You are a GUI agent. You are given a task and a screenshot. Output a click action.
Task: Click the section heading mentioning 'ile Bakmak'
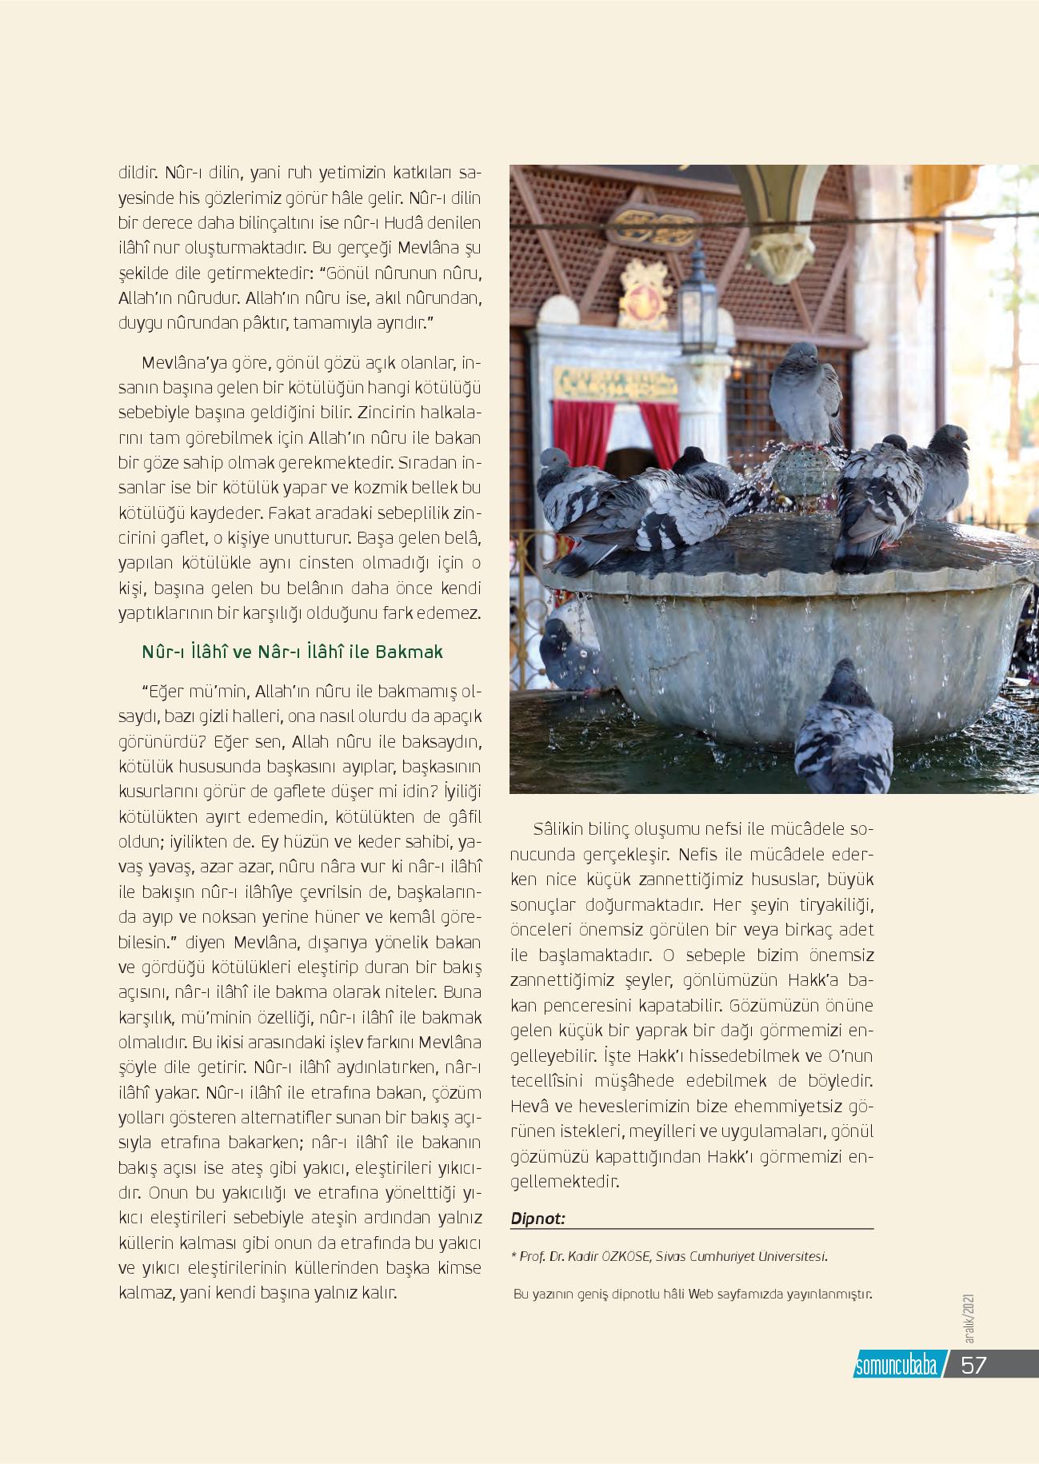tap(292, 652)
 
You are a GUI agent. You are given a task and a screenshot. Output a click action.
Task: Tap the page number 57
tap(973, 1365)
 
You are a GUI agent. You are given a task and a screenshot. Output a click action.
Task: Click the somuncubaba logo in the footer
tap(895, 1366)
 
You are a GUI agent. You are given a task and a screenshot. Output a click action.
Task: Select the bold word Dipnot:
tap(537, 1219)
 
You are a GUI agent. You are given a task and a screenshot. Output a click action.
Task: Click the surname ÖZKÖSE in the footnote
tap(624, 1256)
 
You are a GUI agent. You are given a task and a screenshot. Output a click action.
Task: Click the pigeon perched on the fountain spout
tap(805, 393)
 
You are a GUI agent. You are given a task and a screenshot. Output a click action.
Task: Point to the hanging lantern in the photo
tap(697, 305)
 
